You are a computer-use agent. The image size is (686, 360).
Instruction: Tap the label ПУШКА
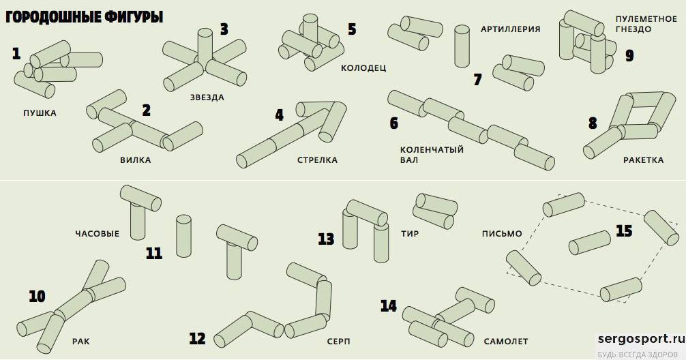point(39,113)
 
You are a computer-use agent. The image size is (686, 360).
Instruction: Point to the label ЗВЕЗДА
point(207,97)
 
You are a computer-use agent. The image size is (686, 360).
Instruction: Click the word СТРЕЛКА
point(317,160)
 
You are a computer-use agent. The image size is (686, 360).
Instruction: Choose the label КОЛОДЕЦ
point(363,68)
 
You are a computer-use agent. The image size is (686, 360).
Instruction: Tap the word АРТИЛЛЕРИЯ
point(510,29)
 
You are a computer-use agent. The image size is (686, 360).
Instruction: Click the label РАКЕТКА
point(643,160)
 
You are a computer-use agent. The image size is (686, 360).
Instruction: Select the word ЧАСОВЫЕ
point(97,234)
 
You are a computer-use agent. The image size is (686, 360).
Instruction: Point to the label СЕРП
point(339,340)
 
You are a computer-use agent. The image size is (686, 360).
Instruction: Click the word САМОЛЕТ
point(506,340)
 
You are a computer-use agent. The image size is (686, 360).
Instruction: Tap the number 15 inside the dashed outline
point(624,230)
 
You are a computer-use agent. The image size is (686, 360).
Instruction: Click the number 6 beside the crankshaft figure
point(393,123)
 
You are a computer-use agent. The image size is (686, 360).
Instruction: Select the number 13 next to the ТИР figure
point(326,239)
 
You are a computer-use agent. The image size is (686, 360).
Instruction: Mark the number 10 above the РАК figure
point(37,296)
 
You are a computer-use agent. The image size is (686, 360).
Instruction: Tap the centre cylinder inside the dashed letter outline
point(589,242)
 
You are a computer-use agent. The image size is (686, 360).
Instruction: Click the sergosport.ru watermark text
point(640,339)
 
